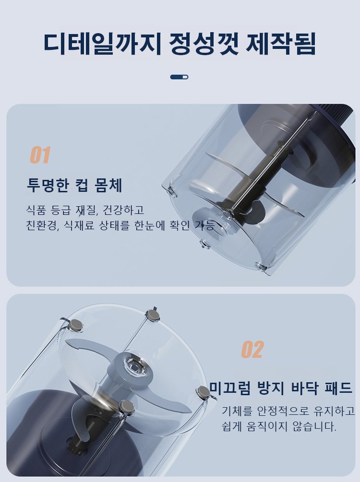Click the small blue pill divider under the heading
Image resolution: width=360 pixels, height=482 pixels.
(179, 77)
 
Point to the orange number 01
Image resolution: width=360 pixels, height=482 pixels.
(40, 155)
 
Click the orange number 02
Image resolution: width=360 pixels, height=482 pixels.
(252, 350)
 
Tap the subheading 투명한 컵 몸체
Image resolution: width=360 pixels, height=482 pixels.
(75, 185)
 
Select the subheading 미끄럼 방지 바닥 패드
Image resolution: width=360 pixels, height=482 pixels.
(281, 388)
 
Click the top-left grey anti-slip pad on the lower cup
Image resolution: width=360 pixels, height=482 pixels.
(76, 325)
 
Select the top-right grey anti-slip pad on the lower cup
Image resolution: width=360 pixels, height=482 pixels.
(153, 315)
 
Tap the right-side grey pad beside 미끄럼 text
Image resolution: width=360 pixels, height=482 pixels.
(203, 392)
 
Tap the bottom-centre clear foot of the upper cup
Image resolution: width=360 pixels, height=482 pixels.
(204, 245)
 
